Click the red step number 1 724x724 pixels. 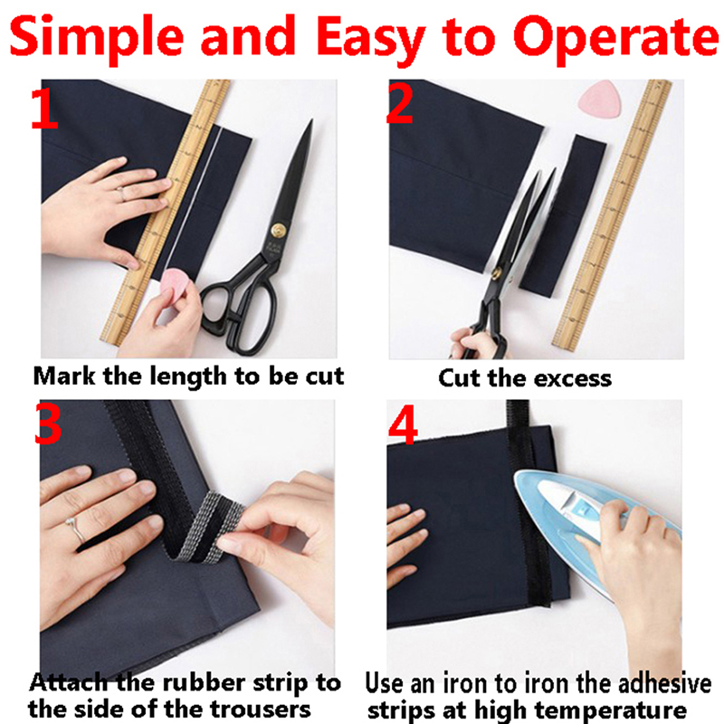[43, 109]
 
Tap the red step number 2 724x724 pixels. [399, 104]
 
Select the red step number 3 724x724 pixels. [48, 424]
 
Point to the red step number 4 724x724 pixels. [403, 427]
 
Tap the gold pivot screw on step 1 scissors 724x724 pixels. [278, 230]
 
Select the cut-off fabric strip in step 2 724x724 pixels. [563, 214]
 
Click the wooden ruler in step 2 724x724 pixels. [612, 214]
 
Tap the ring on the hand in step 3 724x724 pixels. [76, 530]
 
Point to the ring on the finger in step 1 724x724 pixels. [121, 194]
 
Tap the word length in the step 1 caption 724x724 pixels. [189, 377]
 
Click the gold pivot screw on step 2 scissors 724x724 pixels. [497, 273]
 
